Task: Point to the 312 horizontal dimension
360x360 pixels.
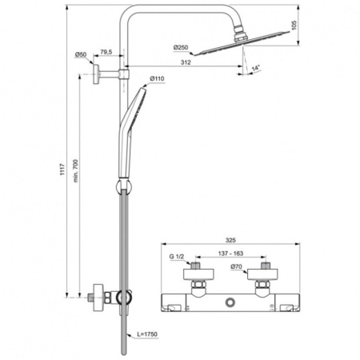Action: coord(186,63)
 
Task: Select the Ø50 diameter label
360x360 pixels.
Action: coord(82,54)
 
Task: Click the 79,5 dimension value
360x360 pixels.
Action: coord(107,54)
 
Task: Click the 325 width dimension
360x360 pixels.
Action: coord(231,240)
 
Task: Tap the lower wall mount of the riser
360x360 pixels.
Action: coord(100,298)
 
